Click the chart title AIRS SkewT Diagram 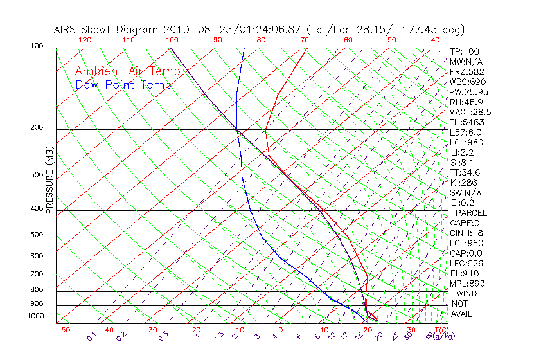click(x=107, y=30)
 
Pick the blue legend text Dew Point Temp click(x=123, y=85)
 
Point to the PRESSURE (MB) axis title click(x=49, y=182)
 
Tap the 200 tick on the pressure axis click(x=37, y=127)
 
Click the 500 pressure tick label click(x=37, y=235)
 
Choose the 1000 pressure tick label click(x=35, y=316)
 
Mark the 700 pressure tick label click(x=37, y=274)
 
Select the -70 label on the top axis click(x=301, y=40)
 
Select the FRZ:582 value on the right click(x=466, y=72)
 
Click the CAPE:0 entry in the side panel click(x=465, y=223)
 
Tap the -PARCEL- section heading click(x=471, y=213)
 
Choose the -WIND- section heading click(x=466, y=293)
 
